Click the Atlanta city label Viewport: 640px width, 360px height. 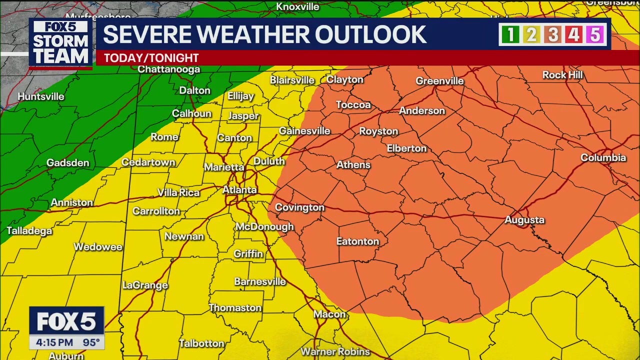239,190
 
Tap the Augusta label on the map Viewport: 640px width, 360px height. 524,220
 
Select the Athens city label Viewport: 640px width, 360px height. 353,165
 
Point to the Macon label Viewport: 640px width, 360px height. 329,314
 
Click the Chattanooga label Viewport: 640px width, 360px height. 168,69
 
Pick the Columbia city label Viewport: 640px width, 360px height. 603,158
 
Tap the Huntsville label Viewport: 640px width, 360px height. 41,96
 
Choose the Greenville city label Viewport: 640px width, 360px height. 439,81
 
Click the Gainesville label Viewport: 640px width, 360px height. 304,131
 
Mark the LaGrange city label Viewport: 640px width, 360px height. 145,285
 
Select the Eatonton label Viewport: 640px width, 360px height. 357,241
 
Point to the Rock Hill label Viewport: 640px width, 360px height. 562,75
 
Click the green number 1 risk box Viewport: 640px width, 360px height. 510,34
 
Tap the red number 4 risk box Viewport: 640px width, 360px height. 573,34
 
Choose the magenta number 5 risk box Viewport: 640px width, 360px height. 595,34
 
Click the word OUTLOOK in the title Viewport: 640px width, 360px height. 370,34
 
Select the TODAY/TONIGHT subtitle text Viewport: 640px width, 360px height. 151,58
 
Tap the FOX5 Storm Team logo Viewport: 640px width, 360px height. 60,43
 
